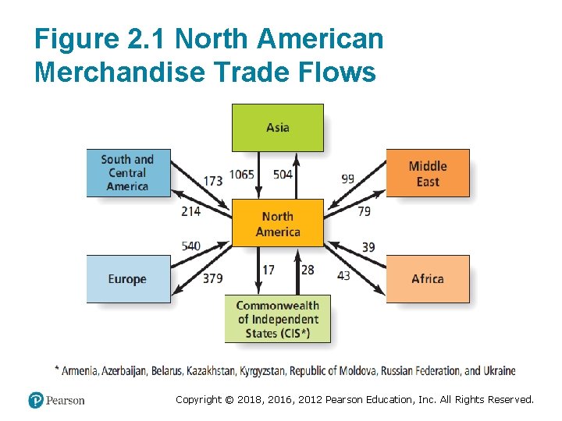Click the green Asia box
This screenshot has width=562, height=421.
pyautogui.click(x=278, y=128)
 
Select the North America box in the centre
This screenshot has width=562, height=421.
pyautogui.click(x=278, y=224)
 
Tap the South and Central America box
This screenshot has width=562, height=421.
pyautogui.click(x=128, y=173)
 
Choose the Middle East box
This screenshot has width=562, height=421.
pyautogui.click(x=428, y=173)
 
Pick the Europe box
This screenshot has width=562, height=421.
pyautogui.click(x=128, y=279)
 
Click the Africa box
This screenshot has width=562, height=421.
pyautogui.click(x=428, y=279)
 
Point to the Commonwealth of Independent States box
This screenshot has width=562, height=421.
pyautogui.click(x=278, y=319)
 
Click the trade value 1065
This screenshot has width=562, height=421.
pyautogui.click(x=242, y=175)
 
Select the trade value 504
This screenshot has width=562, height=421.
pyautogui.click(x=283, y=175)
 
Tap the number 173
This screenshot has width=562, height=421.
pyautogui.click(x=212, y=181)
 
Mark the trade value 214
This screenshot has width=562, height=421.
pyautogui.click(x=190, y=210)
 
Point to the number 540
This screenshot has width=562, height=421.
pyautogui.click(x=190, y=246)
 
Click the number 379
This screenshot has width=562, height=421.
pyautogui.click(x=212, y=278)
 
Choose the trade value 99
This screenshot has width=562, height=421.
pyautogui.click(x=347, y=179)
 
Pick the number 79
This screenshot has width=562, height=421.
pyautogui.click(x=364, y=210)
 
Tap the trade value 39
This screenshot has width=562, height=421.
pyautogui.click(x=368, y=247)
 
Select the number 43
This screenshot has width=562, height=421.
pyautogui.click(x=343, y=276)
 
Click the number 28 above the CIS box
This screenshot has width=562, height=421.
pyautogui.click(x=308, y=270)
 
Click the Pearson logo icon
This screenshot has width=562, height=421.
pyautogui.click(x=36, y=400)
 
